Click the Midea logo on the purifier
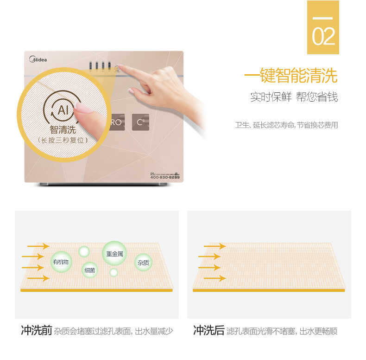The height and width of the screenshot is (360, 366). point(38,59)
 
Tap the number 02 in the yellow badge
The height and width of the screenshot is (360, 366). point(323,37)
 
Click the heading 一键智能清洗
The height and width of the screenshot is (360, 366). point(291,76)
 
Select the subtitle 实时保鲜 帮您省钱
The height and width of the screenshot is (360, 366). point(294,97)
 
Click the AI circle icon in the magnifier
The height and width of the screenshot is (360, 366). point(63,110)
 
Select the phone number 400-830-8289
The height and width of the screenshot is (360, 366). point(165,178)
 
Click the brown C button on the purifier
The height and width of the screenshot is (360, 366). point(140,122)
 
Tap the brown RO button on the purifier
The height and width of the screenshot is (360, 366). point(115,122)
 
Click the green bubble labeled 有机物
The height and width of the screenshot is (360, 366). point(61,262)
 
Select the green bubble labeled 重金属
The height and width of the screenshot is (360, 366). point(114,254)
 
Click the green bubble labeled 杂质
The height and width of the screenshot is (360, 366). point(143,263)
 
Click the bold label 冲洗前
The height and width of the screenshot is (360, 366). point(36,331)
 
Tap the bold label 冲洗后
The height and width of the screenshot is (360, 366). point(208,331)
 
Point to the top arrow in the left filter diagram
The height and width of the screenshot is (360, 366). point(38,246)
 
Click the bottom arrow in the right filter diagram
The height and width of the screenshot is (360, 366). point(212,278)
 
